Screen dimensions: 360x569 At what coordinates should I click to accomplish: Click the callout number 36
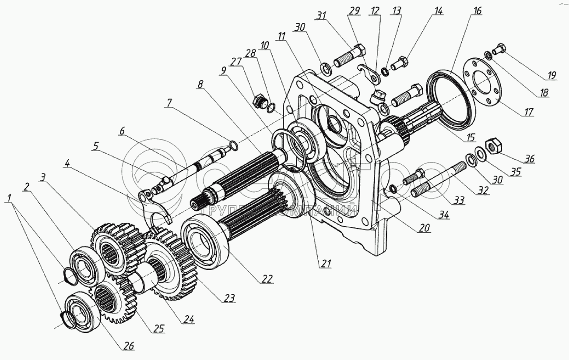click(x=530, y=159)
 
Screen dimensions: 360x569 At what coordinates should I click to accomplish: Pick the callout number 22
click(x=267, y=279)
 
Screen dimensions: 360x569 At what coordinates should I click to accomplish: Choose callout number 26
click(x=128, y=346)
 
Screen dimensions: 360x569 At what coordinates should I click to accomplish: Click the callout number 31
click(x=322, y=16)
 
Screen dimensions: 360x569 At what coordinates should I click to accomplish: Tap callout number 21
click(x=326, y=263)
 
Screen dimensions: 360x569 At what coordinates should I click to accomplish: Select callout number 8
click(x=200, y=85)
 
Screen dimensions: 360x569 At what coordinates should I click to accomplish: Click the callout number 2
click(x=27, y=187)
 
